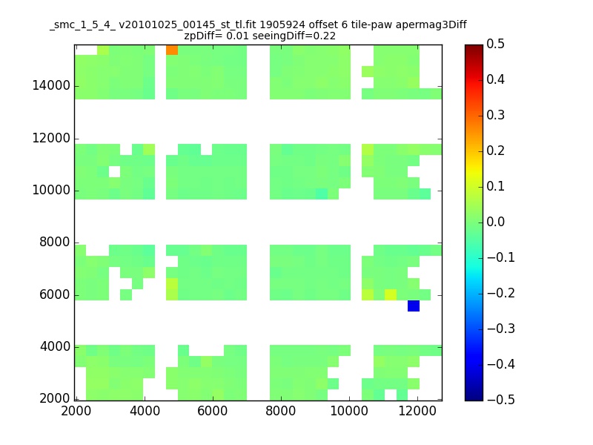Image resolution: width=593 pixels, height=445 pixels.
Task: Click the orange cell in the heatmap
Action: tap(172, 50)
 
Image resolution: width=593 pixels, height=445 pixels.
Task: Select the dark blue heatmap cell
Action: tap(414, 306)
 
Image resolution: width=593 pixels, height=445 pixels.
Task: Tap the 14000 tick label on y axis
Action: tap(51, 85)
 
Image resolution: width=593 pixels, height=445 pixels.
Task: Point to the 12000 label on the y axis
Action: tap(51, 138)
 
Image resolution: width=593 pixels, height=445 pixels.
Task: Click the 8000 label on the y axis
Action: tap(55, 243)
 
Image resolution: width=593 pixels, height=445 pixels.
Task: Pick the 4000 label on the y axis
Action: tap(55, 346)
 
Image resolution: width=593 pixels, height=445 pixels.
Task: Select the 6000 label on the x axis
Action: tap(213, 411)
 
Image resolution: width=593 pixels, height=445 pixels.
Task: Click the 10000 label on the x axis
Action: tap(349, 411)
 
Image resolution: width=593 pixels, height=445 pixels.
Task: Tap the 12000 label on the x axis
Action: tap(417, 411)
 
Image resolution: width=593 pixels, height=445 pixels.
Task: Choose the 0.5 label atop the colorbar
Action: tap(495, 44)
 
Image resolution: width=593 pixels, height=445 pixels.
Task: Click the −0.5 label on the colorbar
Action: tap(501, 400)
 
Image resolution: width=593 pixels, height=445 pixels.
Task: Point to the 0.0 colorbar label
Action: tap(495, 222)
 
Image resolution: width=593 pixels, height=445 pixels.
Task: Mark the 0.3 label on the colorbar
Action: tap(495, 115)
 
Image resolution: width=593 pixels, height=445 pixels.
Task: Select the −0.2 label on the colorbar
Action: tap(501, 293)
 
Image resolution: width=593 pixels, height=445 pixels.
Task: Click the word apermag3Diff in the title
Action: tap(431, 25)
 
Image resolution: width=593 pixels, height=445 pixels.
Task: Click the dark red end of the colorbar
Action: tap(474, 47)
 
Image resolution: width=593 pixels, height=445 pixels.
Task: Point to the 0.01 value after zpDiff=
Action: tap(237, 36)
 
